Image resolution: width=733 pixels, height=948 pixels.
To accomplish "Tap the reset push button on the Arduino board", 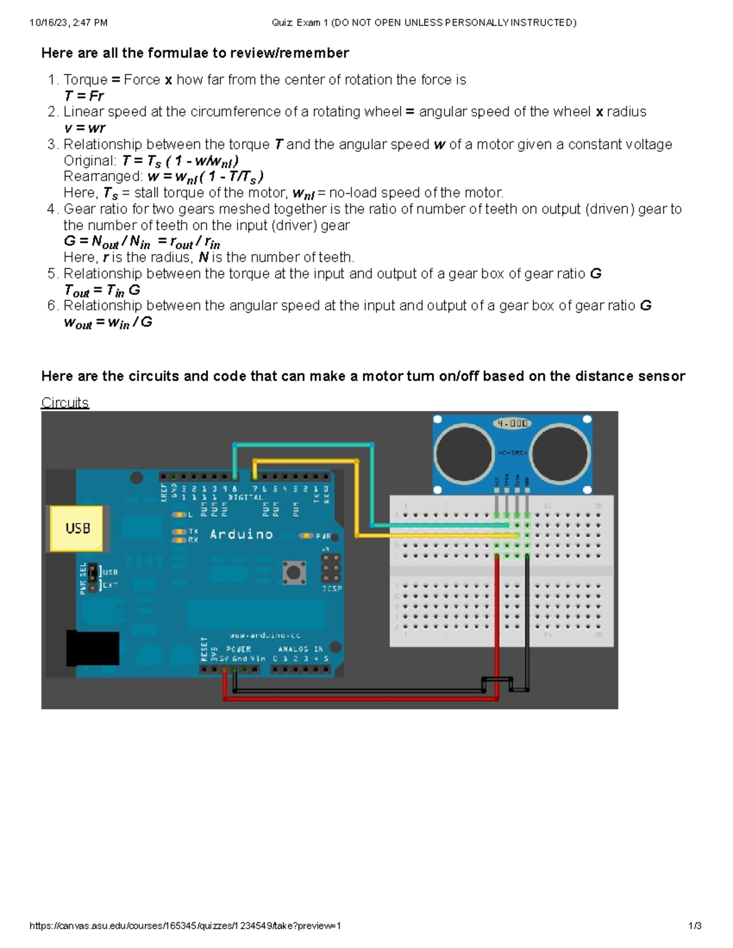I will click(x=294, y=572).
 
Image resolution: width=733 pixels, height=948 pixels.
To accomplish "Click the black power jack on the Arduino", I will click(x=92, y=648).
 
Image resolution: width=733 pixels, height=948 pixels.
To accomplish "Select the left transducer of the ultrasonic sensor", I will click(x=464, y=453).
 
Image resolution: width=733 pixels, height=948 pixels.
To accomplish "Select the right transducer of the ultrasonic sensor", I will click(x=560, y=453).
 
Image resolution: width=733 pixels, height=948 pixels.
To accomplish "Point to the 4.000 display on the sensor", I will click(x=512, y=423).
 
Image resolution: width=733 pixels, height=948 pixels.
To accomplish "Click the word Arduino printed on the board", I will click(x=241, y=534).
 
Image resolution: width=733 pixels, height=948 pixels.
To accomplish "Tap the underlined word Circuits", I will click(x=65, y=403).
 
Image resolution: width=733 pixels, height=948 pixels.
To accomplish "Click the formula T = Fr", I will click(x=84, y=96).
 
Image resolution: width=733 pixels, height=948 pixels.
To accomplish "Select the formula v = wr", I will click(x=84, y=128).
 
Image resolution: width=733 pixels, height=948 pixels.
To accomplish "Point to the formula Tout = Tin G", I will click(x=102, y=291).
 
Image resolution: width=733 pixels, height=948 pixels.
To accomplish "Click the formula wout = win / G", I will click(x=108, y=322).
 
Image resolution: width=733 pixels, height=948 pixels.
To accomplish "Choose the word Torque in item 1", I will click(x=86, y=80).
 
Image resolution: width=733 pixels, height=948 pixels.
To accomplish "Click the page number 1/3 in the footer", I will click(x=695, y=925).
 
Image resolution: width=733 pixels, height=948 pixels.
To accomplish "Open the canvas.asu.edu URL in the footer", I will click(x=185, y=925).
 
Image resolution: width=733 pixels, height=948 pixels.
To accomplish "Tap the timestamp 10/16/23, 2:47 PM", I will click(x=68, y=23).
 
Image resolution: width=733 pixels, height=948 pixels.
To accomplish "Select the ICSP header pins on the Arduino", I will click(x=331, y=568).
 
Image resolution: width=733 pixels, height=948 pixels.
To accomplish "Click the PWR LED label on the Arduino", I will click(x=323, y=536).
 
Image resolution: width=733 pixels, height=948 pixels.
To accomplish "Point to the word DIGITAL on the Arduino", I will click(x=246, y=498).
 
